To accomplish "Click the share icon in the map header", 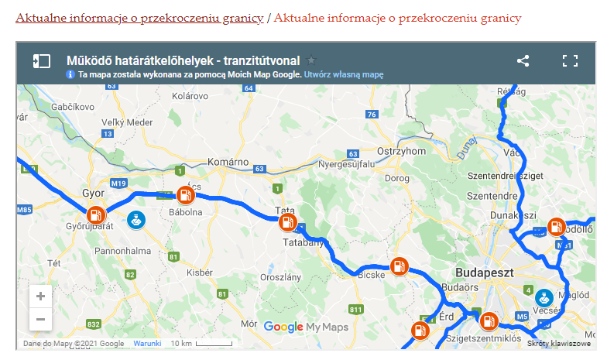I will point(523,61).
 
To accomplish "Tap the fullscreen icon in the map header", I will point(570,61).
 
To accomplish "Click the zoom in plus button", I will point(40,297).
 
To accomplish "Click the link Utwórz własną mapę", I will point(344,75).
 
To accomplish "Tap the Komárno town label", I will point(228,163).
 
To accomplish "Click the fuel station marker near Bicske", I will point(399,266).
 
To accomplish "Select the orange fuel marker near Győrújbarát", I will point(95,216).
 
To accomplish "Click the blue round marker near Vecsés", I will point(544,297).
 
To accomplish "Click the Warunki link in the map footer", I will point(147,343).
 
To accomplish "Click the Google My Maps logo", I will point(306,327).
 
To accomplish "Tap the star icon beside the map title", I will point(311,60).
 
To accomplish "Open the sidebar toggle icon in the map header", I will point(41,61).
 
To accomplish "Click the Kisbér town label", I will point(200,273).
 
